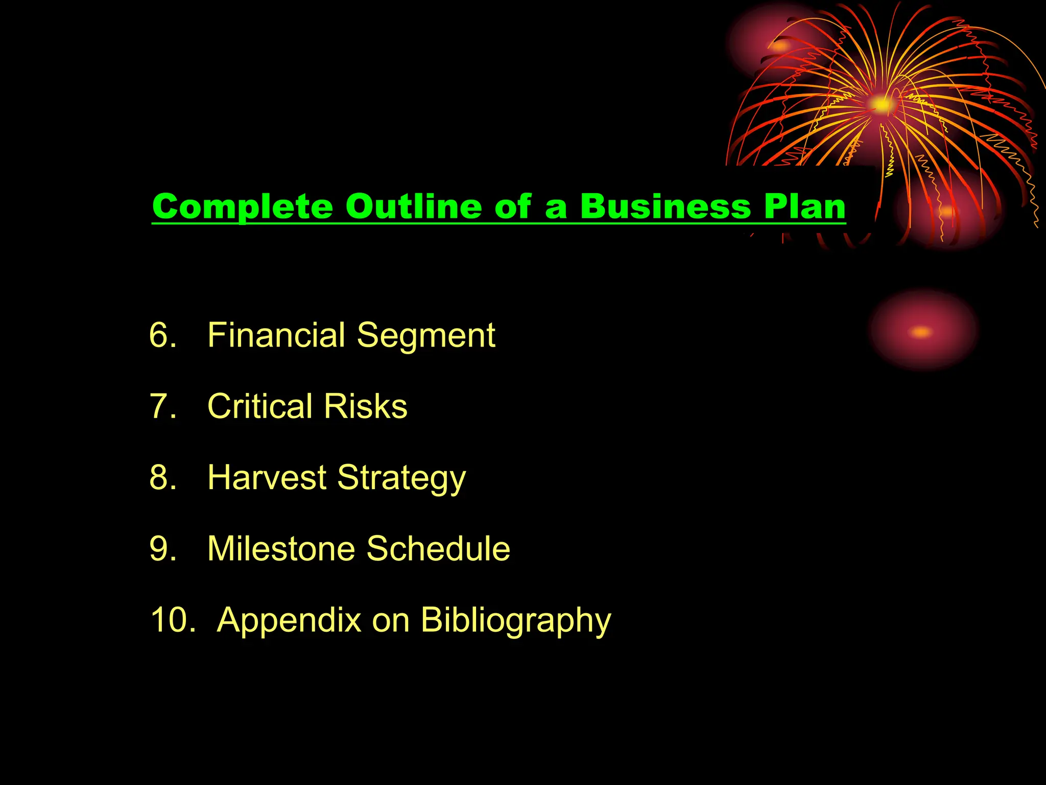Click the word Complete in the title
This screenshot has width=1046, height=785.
(242, 207)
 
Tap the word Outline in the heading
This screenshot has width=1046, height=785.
(413, 207)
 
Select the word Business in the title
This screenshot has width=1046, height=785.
(665, 207)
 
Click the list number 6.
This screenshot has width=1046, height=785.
(162, 335)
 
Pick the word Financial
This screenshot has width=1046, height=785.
(276, 335)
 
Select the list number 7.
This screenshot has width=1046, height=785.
(162, 406)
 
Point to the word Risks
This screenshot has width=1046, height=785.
(366, 406)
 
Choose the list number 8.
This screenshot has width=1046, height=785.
(162, 477)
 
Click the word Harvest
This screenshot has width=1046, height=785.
(267, 477)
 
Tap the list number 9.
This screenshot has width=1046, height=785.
(162, 548)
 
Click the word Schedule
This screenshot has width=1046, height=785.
(438, 548)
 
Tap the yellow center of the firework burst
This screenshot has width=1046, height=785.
(882, 105)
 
